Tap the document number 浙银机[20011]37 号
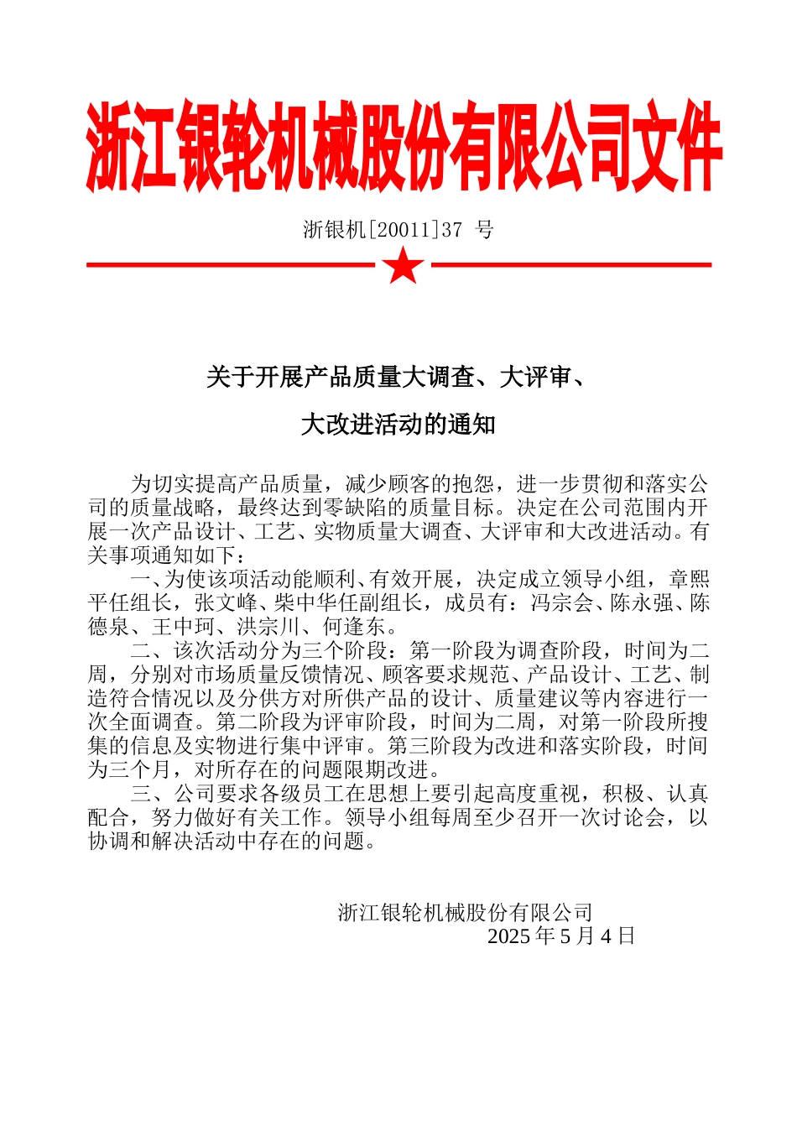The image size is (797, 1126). tap(398, 229)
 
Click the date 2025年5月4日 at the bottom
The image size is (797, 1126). tap(561, 936)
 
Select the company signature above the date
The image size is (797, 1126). tap(466, 913)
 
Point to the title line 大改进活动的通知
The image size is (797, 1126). tap(398, 425)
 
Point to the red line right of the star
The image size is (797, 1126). tap(570, 265)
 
